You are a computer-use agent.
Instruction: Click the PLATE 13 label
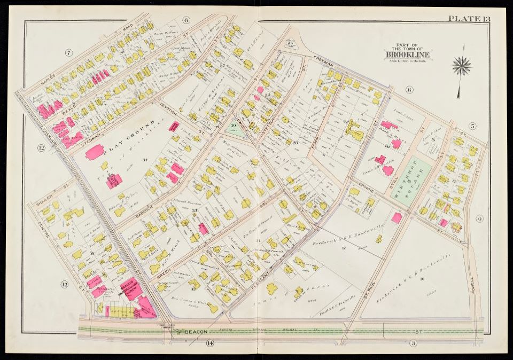pyautogui.click(x=469, y=19)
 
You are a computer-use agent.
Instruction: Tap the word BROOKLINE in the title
pyautogui.click(x=408, y=53)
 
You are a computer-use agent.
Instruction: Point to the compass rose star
pyautogui.click(x=461, y=66)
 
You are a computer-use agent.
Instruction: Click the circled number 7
pyautogui.click(x=68, y=52)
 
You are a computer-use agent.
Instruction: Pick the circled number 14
pyautogui.click(x=209, y=343)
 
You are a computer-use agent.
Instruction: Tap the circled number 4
pyautogui.click(x=479, y=218)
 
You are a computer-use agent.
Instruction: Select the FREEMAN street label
pyautogui.click(x=324, y=64)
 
